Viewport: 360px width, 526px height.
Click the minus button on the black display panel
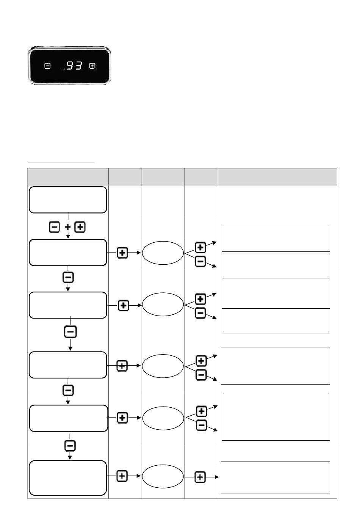click(47, 66)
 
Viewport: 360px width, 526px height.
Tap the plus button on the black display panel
click(92, 66)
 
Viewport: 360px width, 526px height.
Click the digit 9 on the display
click(70, 66)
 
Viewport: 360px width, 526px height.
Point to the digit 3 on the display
click(78, 66)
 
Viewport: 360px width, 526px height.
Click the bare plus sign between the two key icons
click(67, 227)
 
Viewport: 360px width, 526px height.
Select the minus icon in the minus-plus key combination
click(54, 227)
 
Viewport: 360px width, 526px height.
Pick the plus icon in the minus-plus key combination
click(80, 227)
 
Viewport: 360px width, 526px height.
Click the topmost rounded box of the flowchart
click(68, 200)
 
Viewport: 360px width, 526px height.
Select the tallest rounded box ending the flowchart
click(68, 478)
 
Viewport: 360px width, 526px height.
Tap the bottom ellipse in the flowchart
click(163, 476)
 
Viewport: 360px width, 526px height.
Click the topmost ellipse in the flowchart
click(163, 253)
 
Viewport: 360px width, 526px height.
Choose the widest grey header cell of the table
click(277, 177)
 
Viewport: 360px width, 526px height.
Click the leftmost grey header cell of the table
click(68, 177)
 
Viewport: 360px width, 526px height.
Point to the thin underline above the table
click(61, 162)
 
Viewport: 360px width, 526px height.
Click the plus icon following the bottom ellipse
click(200, 477)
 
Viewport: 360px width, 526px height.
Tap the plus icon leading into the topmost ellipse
click(122, 253)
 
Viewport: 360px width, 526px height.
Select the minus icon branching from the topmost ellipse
click(200, 261)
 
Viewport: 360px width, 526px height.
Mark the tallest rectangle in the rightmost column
click(276, 416)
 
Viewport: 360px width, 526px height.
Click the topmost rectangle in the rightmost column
click(276, 239)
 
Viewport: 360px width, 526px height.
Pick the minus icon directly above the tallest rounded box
click(70, 446)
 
